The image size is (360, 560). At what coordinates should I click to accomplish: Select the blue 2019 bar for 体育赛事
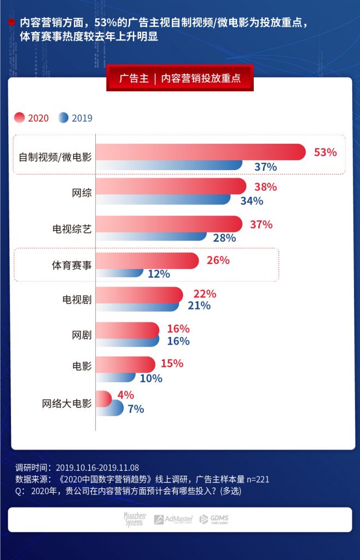[120, 273]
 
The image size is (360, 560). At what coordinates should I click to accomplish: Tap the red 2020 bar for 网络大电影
[103, 398]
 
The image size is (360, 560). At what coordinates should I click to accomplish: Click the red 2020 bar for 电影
[125, 364]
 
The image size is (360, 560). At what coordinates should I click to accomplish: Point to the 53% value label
[325, 153]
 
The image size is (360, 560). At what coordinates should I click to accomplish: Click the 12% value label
[159, 273]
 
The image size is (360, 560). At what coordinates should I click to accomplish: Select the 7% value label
[136, 409]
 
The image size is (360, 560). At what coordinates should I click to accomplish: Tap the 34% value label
[252, 201]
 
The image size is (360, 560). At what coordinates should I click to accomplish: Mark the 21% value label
[199, 306]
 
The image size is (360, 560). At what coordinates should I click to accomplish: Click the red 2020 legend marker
[20, 118]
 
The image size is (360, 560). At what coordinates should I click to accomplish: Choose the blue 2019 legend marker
[63, 118]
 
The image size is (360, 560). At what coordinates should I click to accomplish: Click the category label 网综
[82, 193]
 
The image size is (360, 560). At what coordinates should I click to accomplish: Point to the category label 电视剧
[77, 300]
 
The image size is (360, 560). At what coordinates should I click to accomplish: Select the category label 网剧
[82, 335]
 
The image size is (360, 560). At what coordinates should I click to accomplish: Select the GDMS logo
[213, 519]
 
